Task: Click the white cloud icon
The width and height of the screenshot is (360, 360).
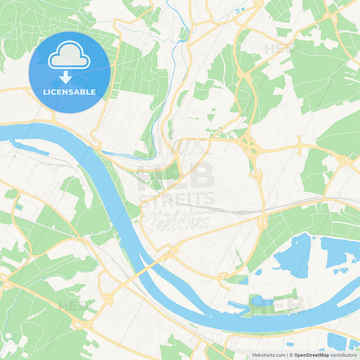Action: click(x=70, y=58)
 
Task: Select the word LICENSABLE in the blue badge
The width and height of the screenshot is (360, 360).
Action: click(x=70, y=91)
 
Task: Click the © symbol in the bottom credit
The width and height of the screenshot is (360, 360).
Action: click(x=290, y=354)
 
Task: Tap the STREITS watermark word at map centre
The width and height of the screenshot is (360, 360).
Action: click(x=177, y=199)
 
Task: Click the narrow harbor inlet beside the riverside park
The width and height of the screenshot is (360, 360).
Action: click(x=238, y=307)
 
